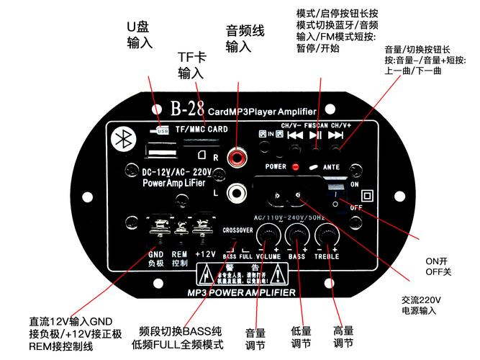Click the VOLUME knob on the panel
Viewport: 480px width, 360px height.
pyautogui.click(x=268, y=234)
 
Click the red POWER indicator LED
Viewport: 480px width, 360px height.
pyautogui.click(x=296, y=166)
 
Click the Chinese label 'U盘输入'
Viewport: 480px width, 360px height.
pyautogui.click(x=139, y=35)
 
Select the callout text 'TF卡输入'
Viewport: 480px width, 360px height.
pyautogui.click(x=191, y=65)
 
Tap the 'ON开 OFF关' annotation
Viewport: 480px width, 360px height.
pyautogui.click(x=437, y=266)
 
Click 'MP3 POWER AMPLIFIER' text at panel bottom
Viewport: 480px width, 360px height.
pyautogui.click(x=241, y=293)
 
